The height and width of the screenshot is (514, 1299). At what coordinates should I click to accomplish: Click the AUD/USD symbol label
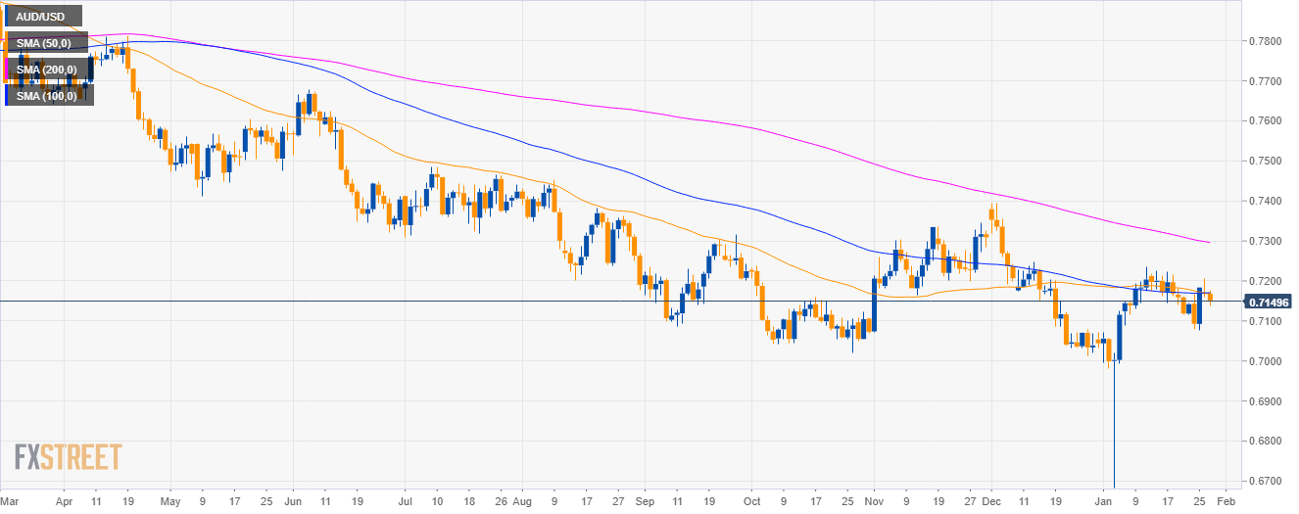pyautogui.click(x=42, y=17)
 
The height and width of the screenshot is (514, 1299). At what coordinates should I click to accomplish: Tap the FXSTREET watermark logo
pyautogui.click(x=69, y=457)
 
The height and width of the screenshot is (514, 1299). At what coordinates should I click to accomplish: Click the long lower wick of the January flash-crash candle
pyautogui.click(x=1115, y=431)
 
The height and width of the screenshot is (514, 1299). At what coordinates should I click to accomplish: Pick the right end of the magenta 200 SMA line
pyautogui.click(x=1208, y=242)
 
